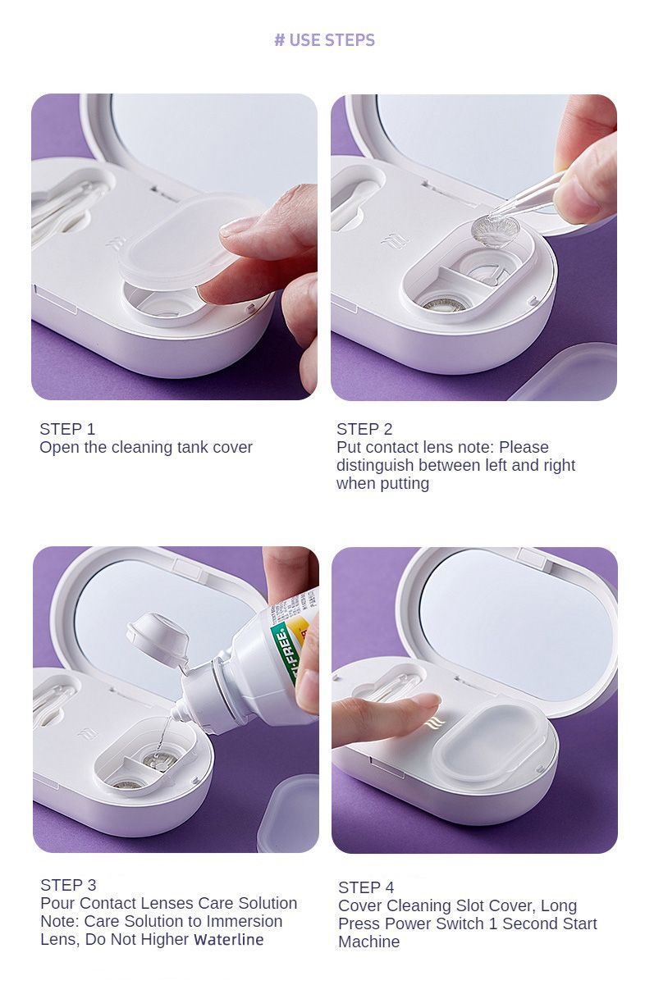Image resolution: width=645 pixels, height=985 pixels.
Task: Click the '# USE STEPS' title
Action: coord(325,40)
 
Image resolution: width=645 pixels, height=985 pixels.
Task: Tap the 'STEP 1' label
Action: coord(67,429)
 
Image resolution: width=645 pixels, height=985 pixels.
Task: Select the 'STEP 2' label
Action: coord(364,429)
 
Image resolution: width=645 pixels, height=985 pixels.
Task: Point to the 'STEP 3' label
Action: coord(68,885)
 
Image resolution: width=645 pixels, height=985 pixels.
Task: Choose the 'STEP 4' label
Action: coord(366,887)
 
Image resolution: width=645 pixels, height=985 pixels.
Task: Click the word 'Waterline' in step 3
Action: coord(229,939)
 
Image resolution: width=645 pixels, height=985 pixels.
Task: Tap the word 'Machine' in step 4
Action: coord(369,942)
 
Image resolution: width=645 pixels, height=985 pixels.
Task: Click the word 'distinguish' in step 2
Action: coord(375,466)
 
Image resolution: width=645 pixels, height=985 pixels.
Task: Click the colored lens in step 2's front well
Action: coord(440,305)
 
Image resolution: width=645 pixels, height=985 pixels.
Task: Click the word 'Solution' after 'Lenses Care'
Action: coord(268,903)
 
